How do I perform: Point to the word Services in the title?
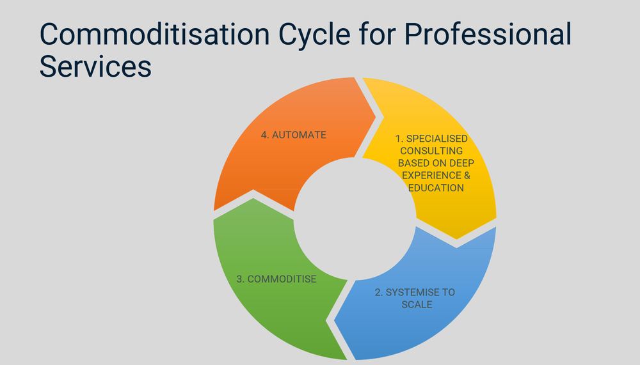[x=95, y=66]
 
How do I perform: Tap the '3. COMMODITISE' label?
[x=276, y=279]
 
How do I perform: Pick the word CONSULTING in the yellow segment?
[x=431, y=151]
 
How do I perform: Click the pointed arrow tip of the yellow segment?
[x=456, y=240]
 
